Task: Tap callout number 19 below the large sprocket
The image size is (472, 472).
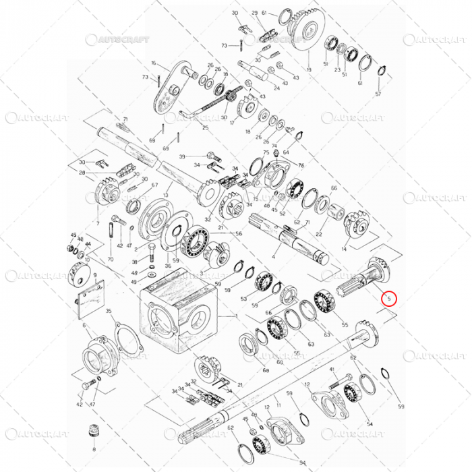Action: (309, 70)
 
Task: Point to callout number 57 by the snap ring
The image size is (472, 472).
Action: (378, 94)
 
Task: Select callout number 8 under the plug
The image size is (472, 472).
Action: (94, 448)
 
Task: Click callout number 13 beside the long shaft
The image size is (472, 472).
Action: (165, 195)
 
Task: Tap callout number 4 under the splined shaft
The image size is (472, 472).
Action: (274, 257)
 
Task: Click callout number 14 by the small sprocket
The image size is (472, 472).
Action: (344, 249)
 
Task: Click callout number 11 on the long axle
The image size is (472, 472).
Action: (278, 407)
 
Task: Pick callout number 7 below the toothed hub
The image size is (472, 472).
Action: (98, 223)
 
